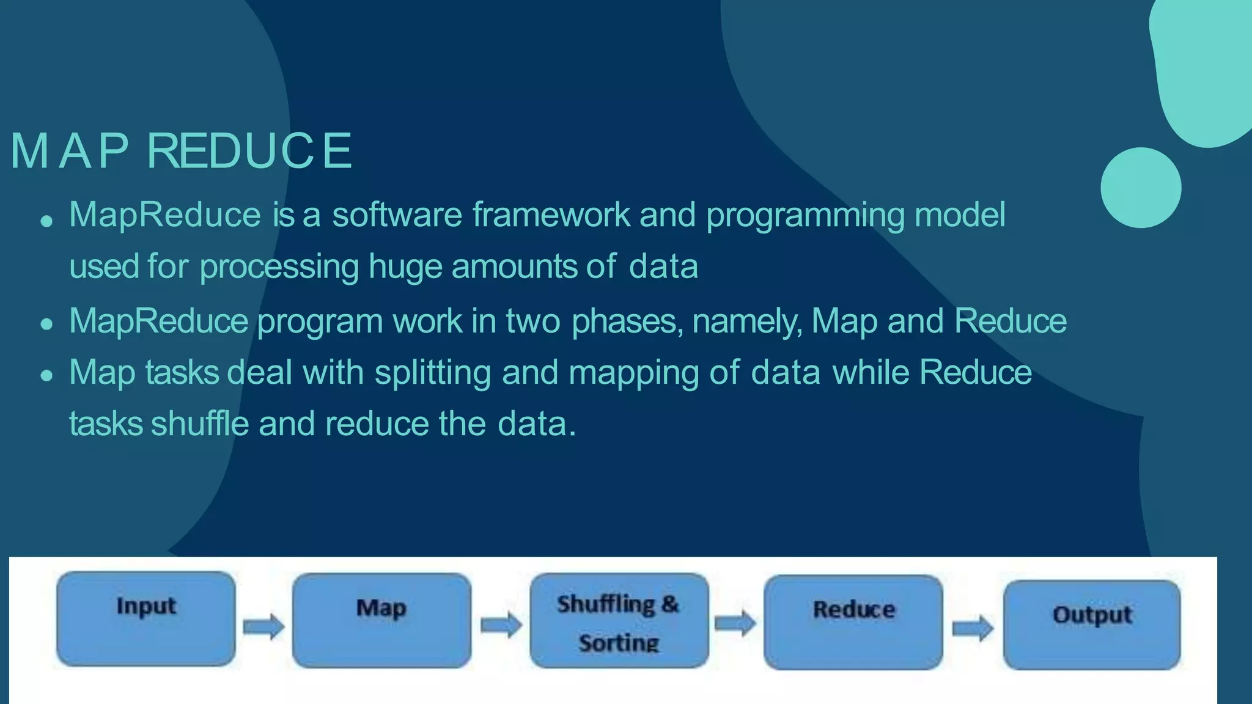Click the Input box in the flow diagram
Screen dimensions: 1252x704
(145, 618)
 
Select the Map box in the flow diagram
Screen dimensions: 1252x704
(381, 620)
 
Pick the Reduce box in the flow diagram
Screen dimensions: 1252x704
(853, 622)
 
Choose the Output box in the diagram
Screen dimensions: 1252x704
(1092, 625)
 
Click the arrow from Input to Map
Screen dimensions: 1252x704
(263, 626)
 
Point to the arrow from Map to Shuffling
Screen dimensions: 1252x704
(501, 625)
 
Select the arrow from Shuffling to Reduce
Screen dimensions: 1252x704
(735, 623)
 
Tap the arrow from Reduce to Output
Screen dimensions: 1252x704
(973, 628)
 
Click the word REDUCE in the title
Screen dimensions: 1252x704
(249, 150)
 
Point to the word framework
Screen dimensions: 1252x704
(551, 215)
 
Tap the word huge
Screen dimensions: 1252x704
(405, 268)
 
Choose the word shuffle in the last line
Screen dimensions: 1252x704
(200, 424)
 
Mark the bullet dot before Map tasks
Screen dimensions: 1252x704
(47, 375)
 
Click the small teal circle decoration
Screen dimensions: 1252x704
(1141, 188)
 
